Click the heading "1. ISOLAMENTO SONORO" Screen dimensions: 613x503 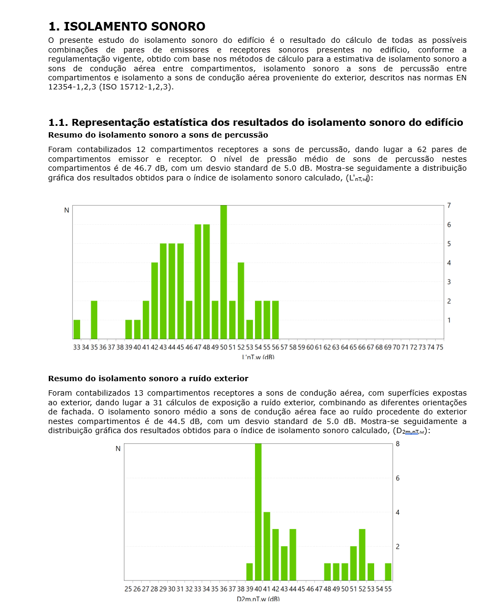[127, 26]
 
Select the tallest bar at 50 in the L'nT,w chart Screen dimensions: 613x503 [223, 272]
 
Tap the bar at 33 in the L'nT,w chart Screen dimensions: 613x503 [77, 329]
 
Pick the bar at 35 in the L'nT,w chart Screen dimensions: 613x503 [94, 320]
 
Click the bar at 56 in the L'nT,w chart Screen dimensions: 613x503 [275, 320]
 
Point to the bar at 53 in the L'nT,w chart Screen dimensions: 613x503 [250, 329]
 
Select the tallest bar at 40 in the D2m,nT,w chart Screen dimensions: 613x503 [258, 512]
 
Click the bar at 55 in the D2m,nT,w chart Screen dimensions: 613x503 [388, 572]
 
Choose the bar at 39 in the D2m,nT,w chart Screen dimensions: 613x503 [250, 572]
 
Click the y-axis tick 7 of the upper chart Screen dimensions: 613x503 [449, 206]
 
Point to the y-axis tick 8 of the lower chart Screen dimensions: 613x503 [397, 444]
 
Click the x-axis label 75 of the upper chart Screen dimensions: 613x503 [439, 347]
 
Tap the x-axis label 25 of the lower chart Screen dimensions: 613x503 [128, 589]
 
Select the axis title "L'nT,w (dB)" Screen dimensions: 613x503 [258, 357]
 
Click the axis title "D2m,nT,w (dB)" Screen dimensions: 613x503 [258, 599]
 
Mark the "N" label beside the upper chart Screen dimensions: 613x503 [67, 210]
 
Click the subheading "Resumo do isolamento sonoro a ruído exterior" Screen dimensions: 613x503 [148, 379]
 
